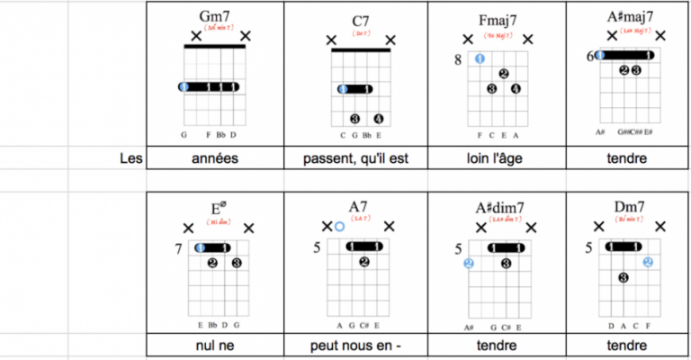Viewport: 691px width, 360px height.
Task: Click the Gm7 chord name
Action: tap(214, 17)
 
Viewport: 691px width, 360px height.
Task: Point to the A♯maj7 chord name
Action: tap(630, 17)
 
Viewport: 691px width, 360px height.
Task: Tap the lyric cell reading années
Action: tap(214, 158)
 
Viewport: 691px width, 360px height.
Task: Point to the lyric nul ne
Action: tap(214, 346)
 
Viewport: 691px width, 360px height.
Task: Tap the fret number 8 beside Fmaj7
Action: tap(458, 59)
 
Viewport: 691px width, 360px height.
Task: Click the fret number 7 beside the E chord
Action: tap(179, 247)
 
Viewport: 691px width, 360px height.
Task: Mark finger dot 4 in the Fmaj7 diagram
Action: tap(516, 88)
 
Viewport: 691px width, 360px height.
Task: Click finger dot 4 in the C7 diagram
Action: tap(379, 118)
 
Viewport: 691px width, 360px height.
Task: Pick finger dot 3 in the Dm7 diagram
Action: tap(622, 278)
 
